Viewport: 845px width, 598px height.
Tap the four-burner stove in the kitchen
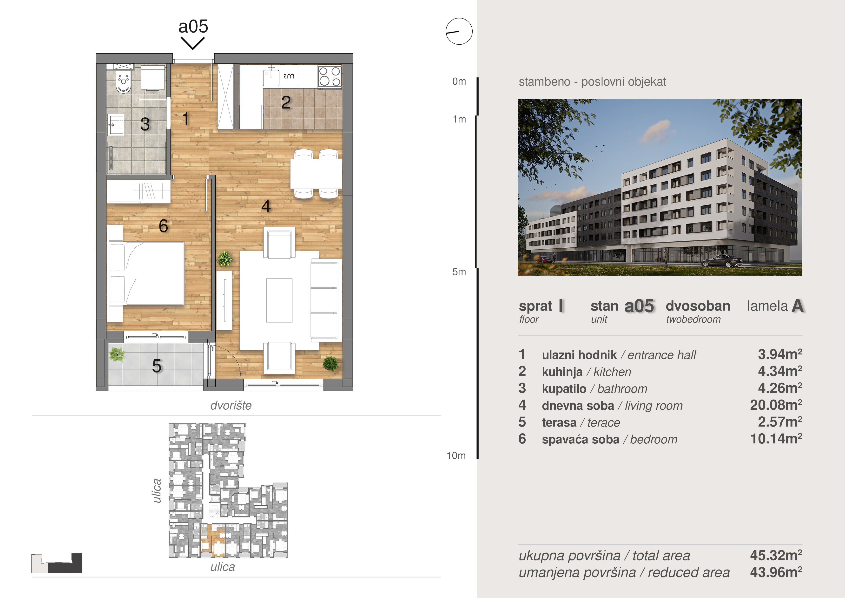pos(330,76)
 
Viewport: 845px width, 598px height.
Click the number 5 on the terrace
pos(157,366)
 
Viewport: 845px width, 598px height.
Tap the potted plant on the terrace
pos(117,354)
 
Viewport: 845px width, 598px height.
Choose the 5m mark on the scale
pos(459,272)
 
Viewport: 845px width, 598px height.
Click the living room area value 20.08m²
pos(776,405)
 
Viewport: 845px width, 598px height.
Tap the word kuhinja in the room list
pos(562,372)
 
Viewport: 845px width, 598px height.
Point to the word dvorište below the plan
pos(231,405)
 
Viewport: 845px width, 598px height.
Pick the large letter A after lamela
pos(798,306)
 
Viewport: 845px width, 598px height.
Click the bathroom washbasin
pos(116,124)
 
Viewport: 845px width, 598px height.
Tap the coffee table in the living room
pos(279,300)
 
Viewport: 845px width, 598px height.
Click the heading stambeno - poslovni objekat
pos(592,82)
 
